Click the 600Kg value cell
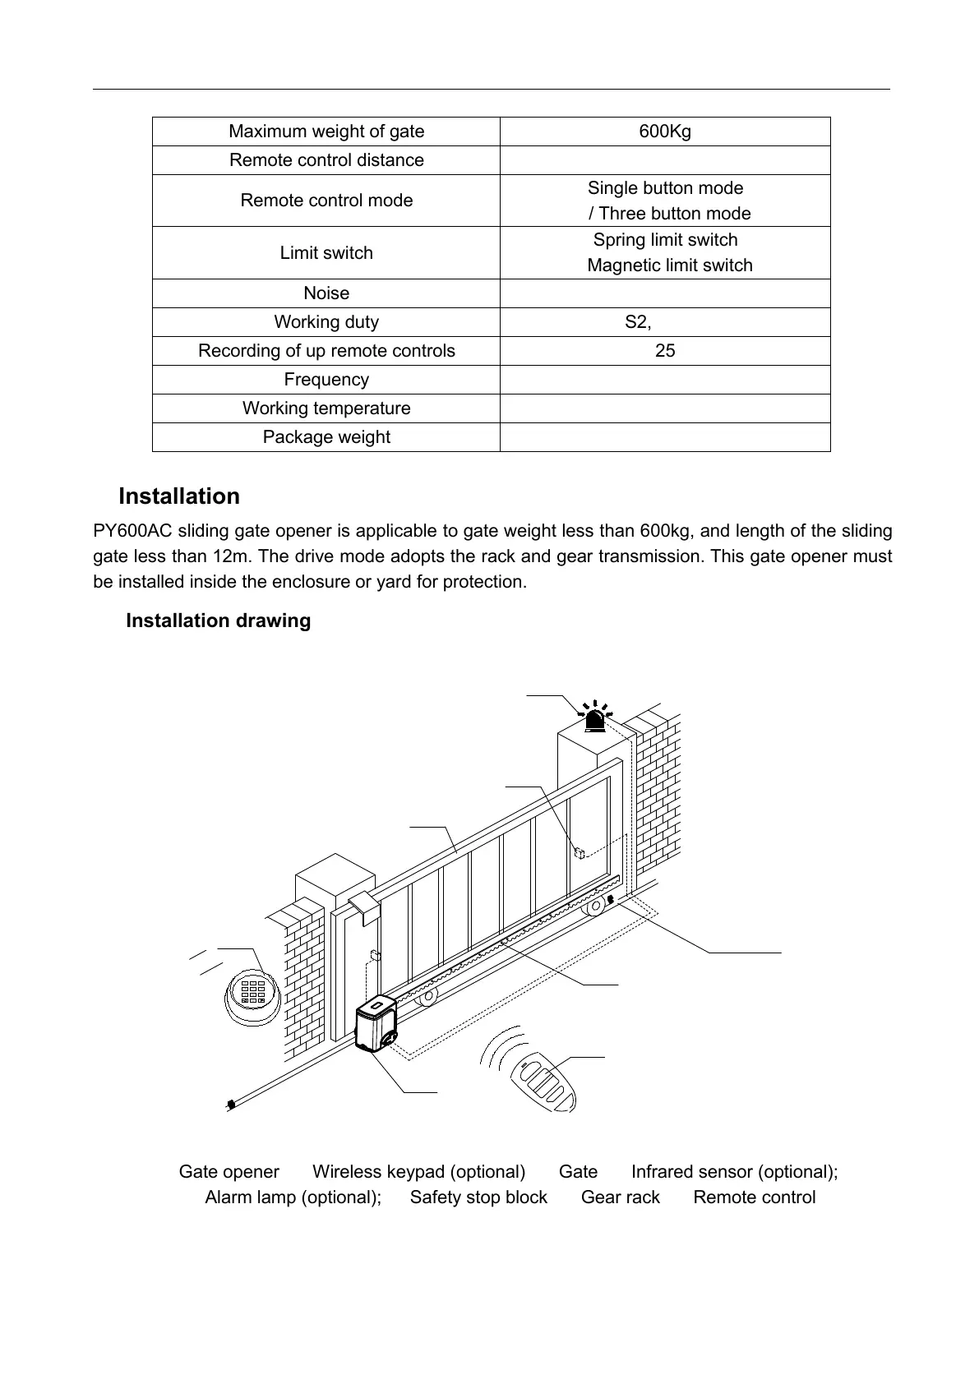point(665,131)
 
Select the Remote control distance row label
point(326,160)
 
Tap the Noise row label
point(326,293)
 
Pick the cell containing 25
point(665,351)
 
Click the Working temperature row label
point(326,408)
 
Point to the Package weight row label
point(326,437)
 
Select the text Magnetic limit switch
point(670,265)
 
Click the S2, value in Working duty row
point(638,322)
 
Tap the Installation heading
point(179,496)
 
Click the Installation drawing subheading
point(218,620)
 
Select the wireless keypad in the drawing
point(253,994)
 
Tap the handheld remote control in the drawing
point(546,1085)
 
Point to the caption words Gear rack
point(620,1197)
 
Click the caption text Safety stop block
point(478,1197)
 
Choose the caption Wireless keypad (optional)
point(418,1172)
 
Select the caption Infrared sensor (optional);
point(734,1172)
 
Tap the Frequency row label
point(326,380)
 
